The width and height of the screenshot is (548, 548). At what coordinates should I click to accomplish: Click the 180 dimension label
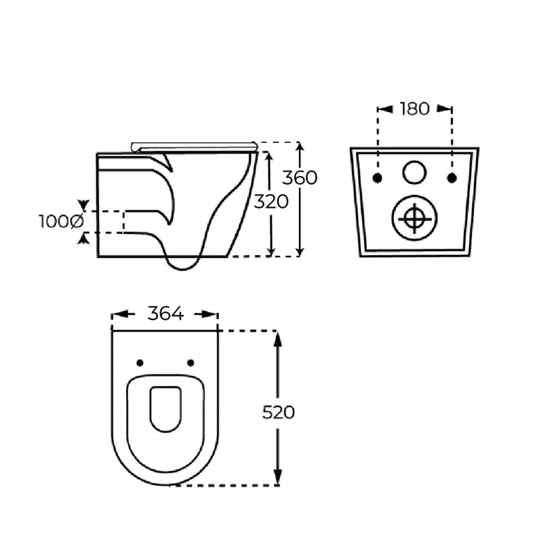coord(415,109)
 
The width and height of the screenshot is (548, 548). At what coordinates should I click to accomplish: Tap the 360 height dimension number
coord(300,178)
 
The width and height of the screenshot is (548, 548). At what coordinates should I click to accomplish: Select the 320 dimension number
coord(271,202)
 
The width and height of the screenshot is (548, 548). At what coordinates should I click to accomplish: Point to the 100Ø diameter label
coord(61,221)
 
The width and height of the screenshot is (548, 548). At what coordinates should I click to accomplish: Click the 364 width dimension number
coord(165,313)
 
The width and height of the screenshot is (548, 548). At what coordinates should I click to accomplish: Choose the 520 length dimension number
coord(278,412)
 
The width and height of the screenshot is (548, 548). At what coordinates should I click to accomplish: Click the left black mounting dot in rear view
coord(377,178)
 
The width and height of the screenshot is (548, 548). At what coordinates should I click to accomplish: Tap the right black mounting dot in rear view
coord(452,178)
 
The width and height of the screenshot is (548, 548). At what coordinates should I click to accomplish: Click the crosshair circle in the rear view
coord(414,219)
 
